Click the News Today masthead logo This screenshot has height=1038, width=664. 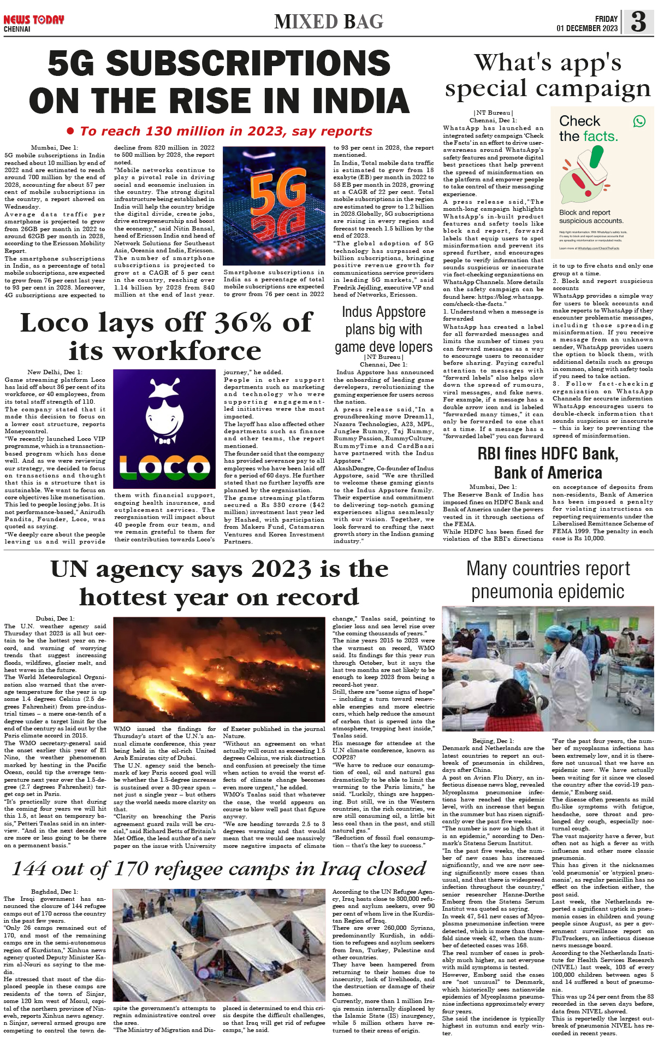pyautogui.click(x=33, y=20)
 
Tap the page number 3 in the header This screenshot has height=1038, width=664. pyautogui.click(x=638, y=22)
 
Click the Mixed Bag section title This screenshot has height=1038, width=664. pyautogui.click(x=329, y=22)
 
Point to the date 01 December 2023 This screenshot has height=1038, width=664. pyautogui.click(x=587, y=28)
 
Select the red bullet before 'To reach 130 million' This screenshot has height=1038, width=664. pyautogui.click(x=70, y=131)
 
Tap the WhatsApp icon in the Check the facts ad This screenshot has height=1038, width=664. pyautogui.click(x=639, y=121)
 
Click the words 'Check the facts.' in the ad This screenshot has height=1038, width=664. pyautogui.click(x=588, y=128)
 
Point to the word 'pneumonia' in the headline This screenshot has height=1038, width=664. pyautogui.click(x=509, y=592)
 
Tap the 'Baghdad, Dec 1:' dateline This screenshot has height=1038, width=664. pyautogui.click(x=55, y=891)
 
